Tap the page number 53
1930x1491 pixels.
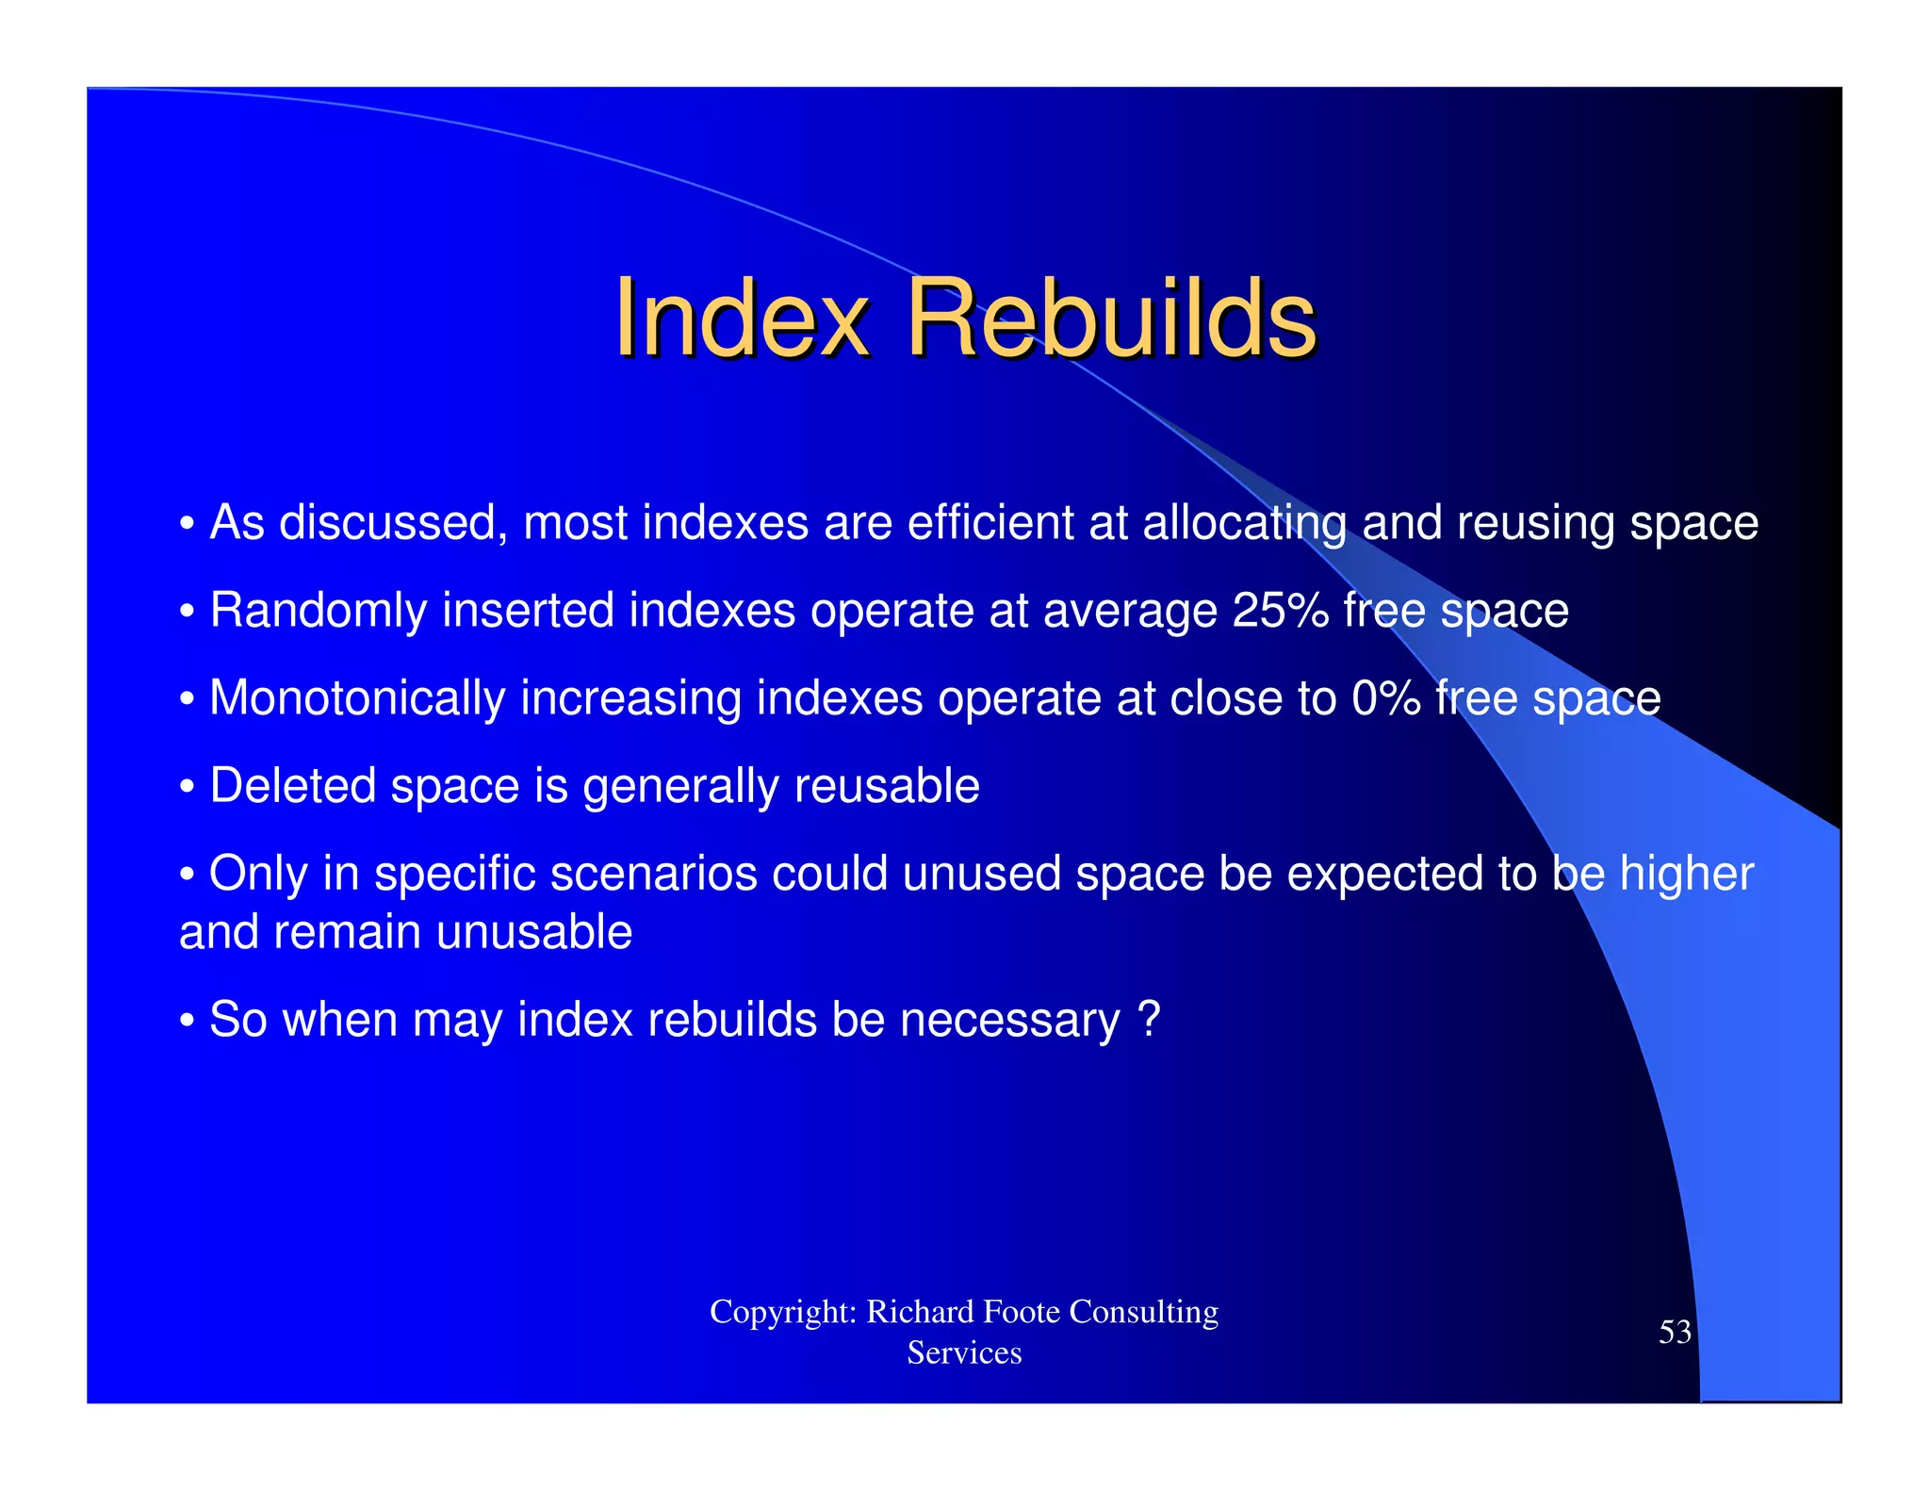coord(1675,1332)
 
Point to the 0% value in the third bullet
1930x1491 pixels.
coord(1385,698)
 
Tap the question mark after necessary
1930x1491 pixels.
coord(1149,1019)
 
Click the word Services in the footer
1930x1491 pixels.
coord(964,1353)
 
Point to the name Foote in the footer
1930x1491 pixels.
coord(1022,1312)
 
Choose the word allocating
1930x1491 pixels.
coord(1244,525)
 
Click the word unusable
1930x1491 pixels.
coord(533,933)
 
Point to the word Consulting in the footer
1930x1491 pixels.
coord(1144,1312)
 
